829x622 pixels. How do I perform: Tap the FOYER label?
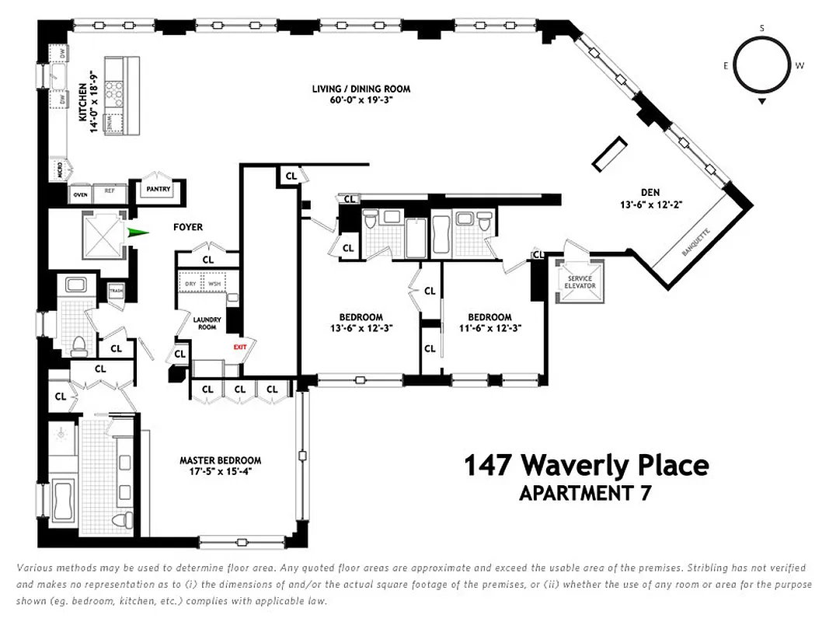pos(187,227)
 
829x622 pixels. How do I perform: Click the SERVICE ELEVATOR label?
pos(580,282)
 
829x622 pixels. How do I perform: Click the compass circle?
pos(762,66)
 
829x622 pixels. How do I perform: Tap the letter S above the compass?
pos(762,28)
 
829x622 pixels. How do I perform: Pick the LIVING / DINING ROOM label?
pos(361,89)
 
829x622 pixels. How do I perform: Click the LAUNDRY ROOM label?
pos(207,323)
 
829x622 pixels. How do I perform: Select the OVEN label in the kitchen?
pos(81,194)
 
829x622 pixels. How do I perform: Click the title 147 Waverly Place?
pos(586,466)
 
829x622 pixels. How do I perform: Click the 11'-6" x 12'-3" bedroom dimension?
pos(489,327)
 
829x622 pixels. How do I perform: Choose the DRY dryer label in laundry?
pos(190,284)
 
